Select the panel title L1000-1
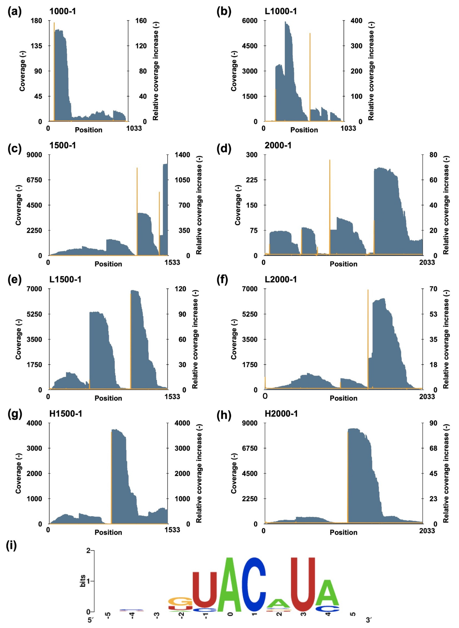[x=281, y=11]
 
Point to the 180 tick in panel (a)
[x=36, y=21]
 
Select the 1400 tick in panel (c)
[x=182, y=155]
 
